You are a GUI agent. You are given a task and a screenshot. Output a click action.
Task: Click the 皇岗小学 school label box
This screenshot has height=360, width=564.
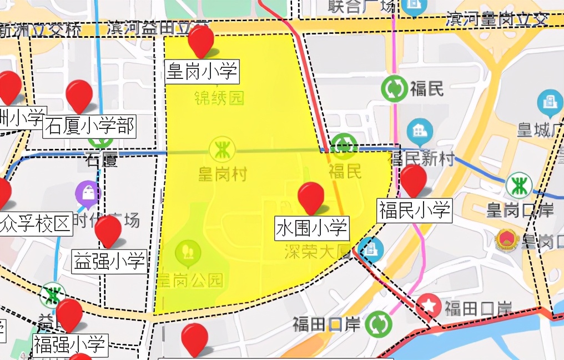(x=202, y=72)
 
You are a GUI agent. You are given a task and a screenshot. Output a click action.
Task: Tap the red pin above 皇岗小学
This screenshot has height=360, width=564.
(x=201, y=40)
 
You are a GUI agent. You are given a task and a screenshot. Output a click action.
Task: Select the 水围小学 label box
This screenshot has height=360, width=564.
(x=311, y=228)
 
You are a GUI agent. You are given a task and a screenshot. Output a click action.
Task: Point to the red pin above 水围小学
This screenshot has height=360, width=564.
(x=311, y=196)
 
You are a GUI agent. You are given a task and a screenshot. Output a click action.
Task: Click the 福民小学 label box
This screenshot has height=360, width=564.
(x=415, y=210)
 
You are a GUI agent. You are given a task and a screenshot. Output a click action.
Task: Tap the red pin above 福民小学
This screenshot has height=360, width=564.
(x=414, y=178)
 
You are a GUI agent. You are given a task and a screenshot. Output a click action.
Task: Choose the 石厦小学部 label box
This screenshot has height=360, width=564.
(x=90, y=126)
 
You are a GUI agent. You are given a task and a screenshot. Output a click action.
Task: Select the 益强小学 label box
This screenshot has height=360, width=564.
(x=110, y=261)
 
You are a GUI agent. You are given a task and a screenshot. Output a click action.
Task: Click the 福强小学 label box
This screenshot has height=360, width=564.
(x=70, y=344)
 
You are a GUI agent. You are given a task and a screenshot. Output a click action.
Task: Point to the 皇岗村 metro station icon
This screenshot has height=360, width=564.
(x=222, y=150)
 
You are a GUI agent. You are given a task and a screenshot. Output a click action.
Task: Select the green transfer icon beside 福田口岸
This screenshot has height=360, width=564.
(x=379, y=324)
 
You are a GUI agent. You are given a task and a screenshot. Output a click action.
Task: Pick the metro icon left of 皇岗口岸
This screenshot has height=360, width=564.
(x=518, y=186)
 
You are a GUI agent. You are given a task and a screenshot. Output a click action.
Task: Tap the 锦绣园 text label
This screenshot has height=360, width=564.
(x=219, y=98)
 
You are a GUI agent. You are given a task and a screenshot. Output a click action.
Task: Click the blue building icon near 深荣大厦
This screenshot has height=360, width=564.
(x=370, y=249)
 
